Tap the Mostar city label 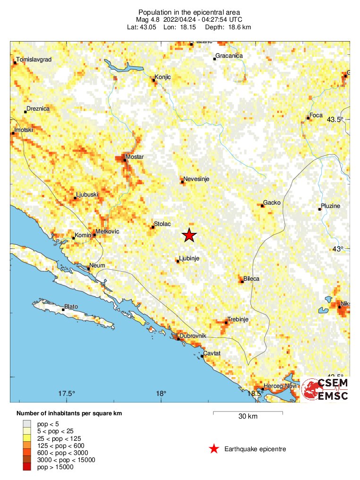135,157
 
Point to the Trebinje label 238,319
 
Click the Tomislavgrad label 34,60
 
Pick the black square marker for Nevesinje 182,182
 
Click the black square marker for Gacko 262,205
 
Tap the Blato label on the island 71,307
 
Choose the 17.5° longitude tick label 67,394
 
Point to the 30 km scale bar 248,413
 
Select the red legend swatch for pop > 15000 27,467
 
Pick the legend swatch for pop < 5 27,424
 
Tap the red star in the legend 214,449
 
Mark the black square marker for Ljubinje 178,261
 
